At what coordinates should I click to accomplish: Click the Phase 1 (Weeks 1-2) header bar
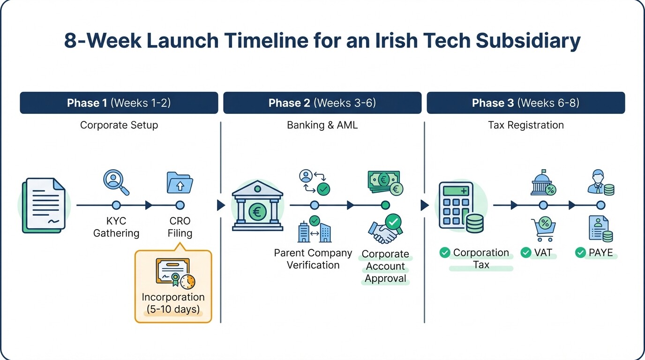coord(119,103)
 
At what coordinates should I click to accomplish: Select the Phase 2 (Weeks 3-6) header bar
coord(322,103)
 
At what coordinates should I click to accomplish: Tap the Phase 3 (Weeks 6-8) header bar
coord(525,103)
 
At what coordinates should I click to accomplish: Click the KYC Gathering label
coord(116,227)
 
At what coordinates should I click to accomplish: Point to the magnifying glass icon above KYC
coord(116,182)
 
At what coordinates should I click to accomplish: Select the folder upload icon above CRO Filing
coord(180,182)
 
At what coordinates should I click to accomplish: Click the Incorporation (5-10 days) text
coord(173,303)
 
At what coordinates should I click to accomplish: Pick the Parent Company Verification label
coord(313,259)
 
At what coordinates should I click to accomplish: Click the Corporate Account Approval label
coord(385,266)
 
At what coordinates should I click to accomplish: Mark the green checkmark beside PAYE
coord(580,253)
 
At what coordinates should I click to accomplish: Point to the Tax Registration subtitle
coord(525,125)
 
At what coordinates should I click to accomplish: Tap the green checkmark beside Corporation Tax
coord(444,253)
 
